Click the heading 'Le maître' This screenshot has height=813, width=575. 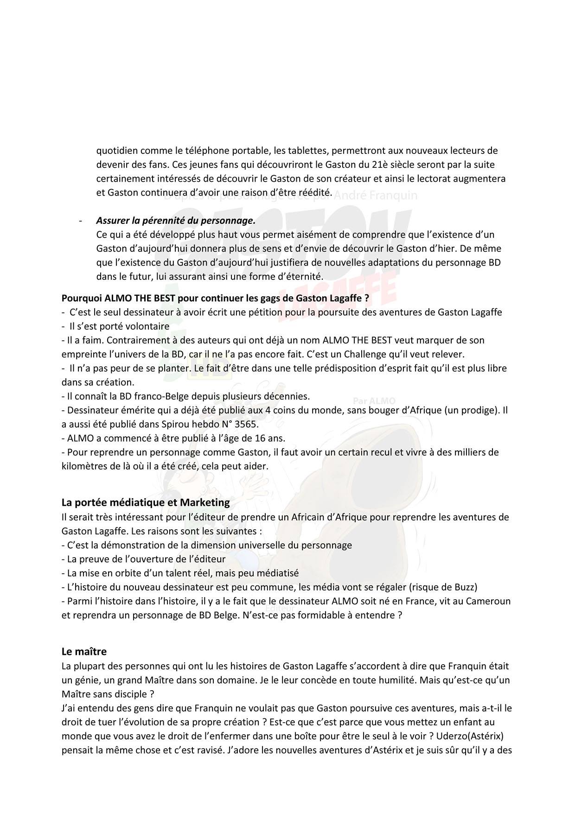[x=84, y=651]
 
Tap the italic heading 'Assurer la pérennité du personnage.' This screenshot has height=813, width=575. [x=176, y=221]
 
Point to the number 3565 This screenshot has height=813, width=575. [x=247, y=424]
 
